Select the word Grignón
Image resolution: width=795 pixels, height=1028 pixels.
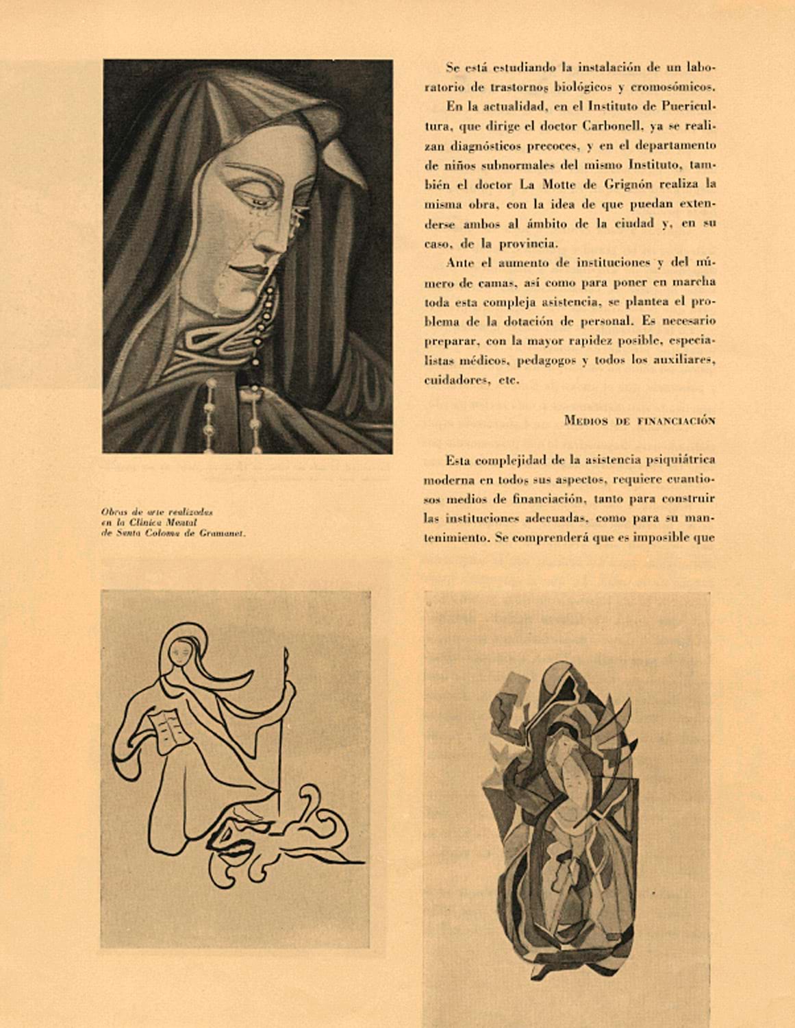[633, 184]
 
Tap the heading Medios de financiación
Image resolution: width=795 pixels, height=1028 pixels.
[640, 421]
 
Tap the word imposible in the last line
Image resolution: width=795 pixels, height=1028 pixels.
[665, 538]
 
